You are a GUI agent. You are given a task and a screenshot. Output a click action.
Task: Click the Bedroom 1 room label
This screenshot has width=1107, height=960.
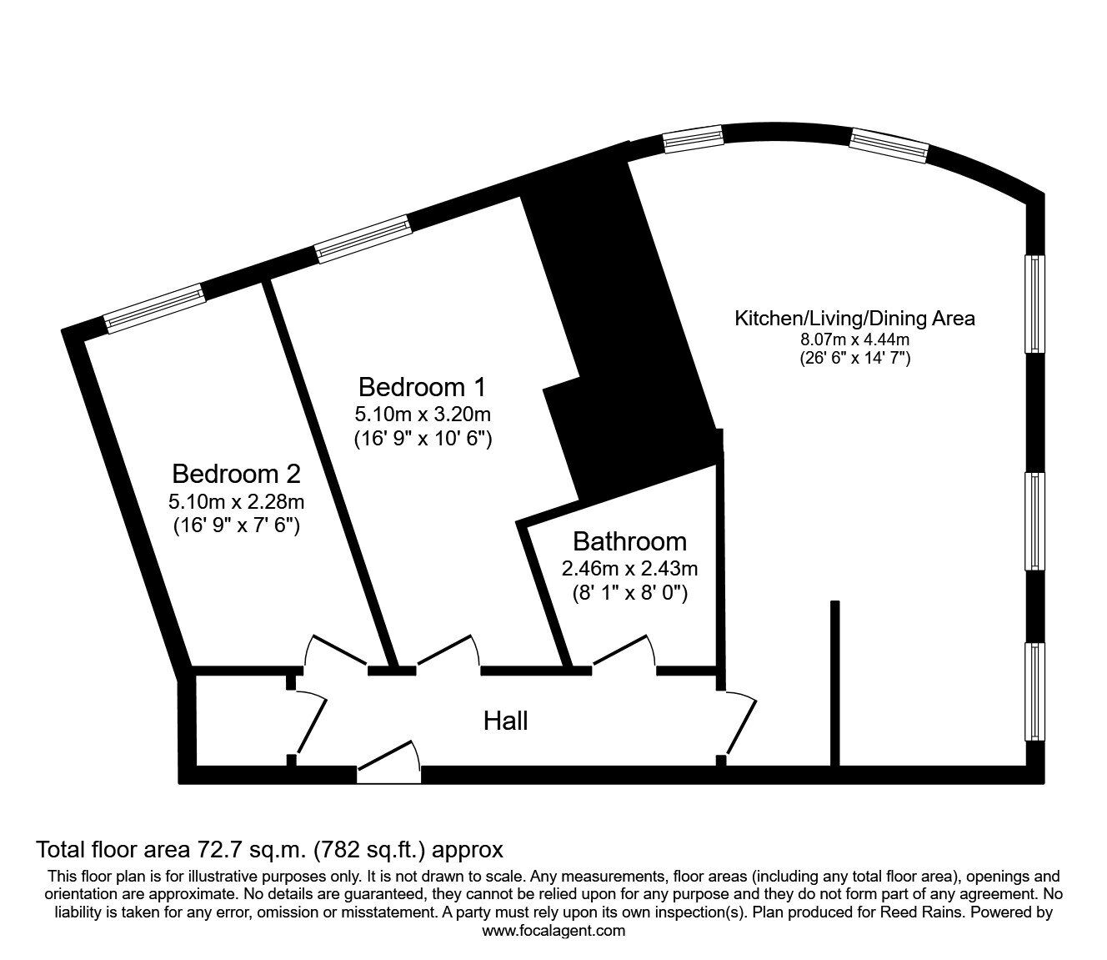pos(421,387)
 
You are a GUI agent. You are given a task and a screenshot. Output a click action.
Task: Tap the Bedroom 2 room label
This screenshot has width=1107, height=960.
pos(236,474)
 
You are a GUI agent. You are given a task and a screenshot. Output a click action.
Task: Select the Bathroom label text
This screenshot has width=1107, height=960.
pos(629,541)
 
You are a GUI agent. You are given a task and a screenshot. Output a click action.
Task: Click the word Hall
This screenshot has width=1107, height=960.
pos(505,721)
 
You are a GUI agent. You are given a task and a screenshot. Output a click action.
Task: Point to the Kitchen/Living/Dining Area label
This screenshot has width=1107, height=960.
pos(854,318)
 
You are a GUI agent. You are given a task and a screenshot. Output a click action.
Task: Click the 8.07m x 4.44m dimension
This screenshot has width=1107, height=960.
pos(854,339)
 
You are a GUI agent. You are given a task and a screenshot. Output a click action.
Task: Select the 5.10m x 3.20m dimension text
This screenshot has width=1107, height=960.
pos(422,414)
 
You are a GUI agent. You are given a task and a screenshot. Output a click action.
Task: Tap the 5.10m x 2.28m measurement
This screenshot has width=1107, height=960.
pos(236,501)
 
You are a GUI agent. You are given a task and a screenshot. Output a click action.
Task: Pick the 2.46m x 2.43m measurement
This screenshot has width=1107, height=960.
pos(629,569)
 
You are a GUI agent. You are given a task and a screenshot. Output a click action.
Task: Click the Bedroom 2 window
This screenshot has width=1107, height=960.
pos(154,309)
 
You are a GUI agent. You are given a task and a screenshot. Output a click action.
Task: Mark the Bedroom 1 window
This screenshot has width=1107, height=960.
pos(363,239)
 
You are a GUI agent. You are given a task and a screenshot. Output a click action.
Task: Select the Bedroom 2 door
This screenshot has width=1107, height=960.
pos(335,651)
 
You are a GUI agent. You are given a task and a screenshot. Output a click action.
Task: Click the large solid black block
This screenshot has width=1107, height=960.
pos(621,334)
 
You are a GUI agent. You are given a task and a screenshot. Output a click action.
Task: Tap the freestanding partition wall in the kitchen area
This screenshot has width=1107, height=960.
pos(834,682)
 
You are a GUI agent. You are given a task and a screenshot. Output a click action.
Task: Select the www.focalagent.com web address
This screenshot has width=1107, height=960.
pos(553,931)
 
